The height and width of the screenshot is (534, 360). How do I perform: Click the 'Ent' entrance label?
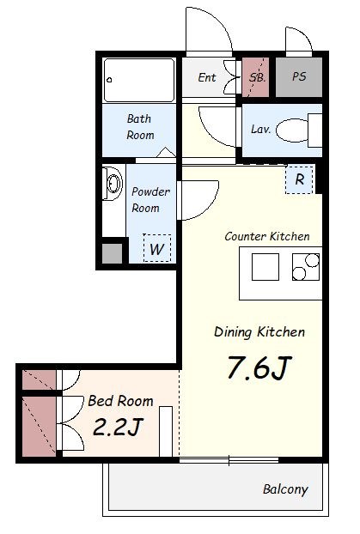click(207, 77)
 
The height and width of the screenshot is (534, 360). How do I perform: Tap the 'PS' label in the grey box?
click(299, 76)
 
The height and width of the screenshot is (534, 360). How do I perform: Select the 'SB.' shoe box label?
click(258, 77)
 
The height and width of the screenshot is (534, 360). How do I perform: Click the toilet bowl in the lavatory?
click(292, 130)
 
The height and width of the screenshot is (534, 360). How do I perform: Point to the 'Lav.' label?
click(261, 129)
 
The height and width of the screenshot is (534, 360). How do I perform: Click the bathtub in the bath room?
click(139, 80)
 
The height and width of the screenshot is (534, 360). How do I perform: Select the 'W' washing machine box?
click(157, 248)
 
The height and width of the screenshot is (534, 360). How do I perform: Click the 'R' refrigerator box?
click(299, 179)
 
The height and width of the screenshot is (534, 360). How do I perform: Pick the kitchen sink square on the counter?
click(265, 267)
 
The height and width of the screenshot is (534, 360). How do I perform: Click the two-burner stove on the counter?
click(306, 267)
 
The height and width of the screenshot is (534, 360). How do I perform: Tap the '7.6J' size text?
click(259, 367)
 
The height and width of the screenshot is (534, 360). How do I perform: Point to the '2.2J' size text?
click(117, 427)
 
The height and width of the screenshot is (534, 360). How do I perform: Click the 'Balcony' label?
click(285, 489)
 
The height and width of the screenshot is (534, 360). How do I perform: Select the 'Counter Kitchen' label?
click(267, 236)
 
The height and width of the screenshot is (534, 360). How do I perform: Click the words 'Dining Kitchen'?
click(259, 332)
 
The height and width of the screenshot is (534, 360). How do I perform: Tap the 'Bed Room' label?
click(120, 401)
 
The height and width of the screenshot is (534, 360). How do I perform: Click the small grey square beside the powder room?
click(113, 253)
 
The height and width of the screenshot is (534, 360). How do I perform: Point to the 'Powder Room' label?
click(150, 199)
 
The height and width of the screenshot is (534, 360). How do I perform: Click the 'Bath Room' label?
click(140, 127)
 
